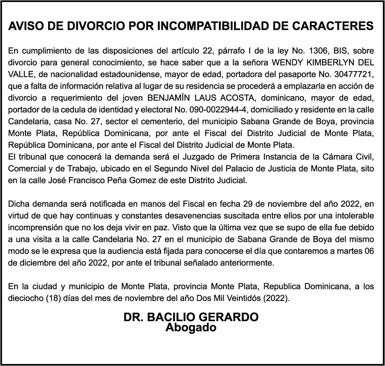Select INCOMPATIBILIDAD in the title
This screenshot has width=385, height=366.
click(213, 27)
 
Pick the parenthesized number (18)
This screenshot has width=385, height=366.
click(50, 299)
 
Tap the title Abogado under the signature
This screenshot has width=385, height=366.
click(191, 327)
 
